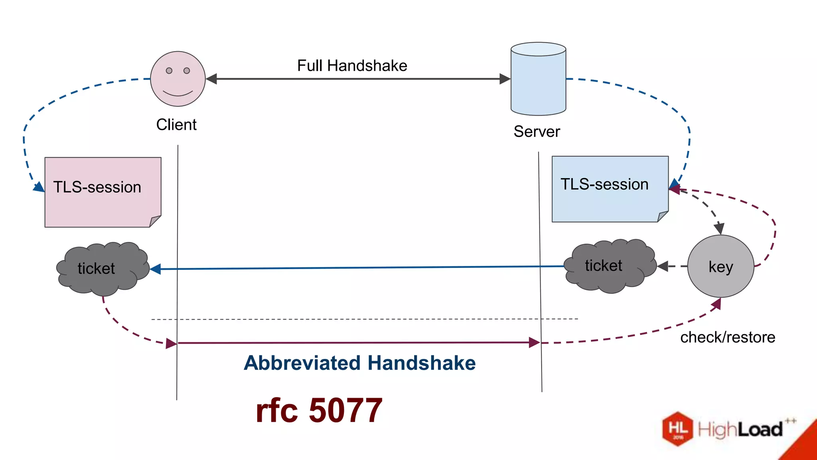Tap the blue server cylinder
coord(538,80)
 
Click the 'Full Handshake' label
coord(352,65)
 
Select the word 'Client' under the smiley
coord(176,125)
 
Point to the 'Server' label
coord(537,131)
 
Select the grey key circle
coord(720,266)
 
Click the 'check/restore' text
coord(728,337)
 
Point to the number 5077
coord(345,410)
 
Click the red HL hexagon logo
coord(678,428)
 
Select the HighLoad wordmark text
coord(740,430)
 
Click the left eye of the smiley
coord(169,71)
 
